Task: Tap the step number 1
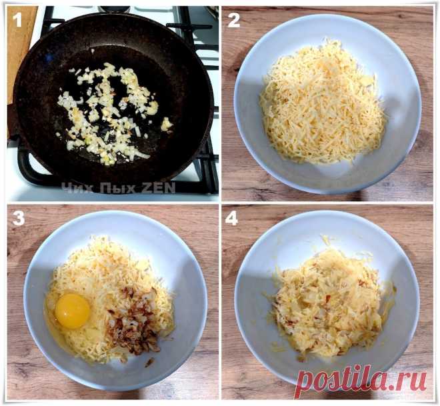(x=17, y=19)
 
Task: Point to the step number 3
(x=18, y=218)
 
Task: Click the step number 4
(x=231, y=218)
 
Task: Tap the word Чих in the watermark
(x=77, y=188)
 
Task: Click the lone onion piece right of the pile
(x=167, y=124)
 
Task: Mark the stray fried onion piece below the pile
(x=149, y=362)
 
